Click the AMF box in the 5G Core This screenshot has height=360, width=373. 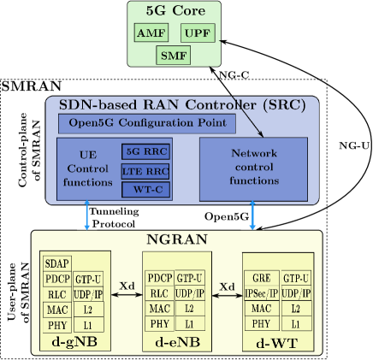151,33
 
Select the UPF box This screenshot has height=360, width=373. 198,33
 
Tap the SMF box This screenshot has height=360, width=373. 174,56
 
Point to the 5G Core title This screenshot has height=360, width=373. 175,11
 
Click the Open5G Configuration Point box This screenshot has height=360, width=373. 147,123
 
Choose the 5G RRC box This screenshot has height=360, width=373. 145,151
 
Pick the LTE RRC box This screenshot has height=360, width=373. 145,170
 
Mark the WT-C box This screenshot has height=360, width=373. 145,189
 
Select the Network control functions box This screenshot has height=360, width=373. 254,168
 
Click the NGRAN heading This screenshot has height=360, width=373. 177,239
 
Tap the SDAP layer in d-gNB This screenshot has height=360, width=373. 57,263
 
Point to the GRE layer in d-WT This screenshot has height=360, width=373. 262,278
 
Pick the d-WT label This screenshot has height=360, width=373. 274,343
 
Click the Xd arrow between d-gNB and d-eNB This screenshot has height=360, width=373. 127,294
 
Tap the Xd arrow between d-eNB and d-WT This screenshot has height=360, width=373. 227,295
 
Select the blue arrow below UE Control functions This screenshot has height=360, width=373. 87,216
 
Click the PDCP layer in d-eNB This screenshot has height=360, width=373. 159,278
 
